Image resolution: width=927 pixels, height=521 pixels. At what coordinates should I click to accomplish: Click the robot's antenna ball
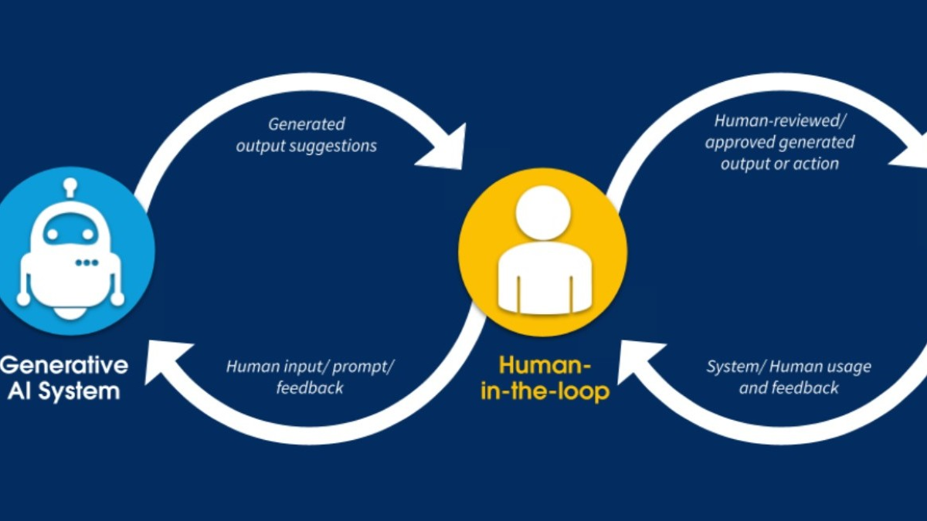pos(70,185)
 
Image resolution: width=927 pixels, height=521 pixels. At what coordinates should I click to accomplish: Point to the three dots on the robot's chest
pos(87,263)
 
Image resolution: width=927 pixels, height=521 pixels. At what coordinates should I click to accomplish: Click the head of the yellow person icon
pos(543,213)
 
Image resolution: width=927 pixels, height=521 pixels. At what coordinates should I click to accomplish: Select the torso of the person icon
pos(543,278)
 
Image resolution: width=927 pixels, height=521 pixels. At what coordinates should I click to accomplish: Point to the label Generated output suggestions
pos(307,134)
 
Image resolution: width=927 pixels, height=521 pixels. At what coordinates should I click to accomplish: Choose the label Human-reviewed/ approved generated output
pos(779,142)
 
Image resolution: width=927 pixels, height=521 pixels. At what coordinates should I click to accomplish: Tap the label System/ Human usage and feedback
pos(789,377)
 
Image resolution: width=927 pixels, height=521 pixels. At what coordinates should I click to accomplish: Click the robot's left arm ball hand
pos(23,299)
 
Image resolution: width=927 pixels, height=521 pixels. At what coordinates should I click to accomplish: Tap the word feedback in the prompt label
pos(310,387)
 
